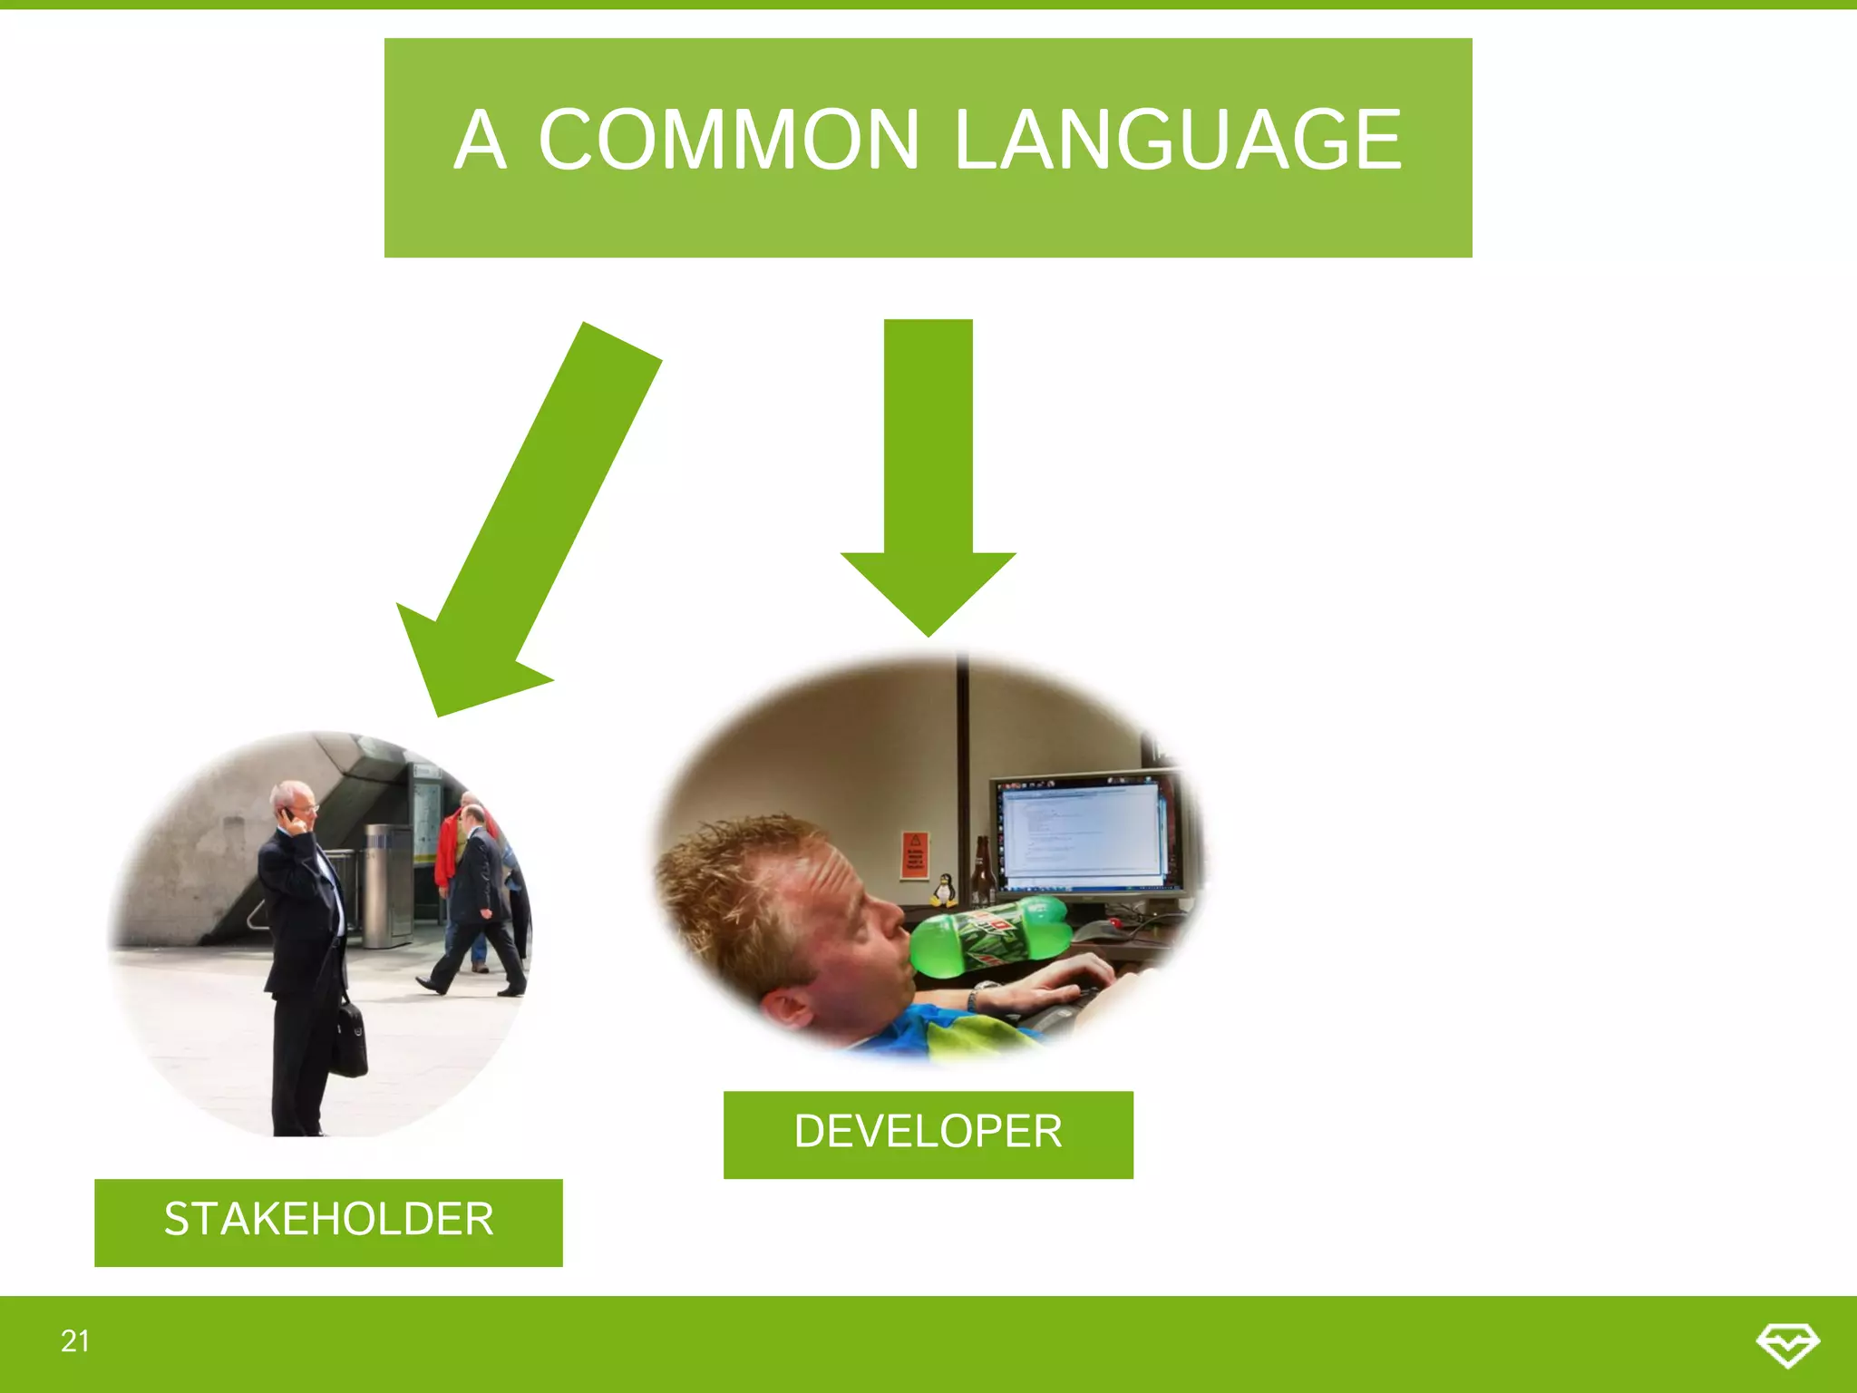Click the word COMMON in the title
tap(729, 140)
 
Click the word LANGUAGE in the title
tap(1178, 140)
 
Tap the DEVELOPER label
tap(928, 1133)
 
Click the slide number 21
tap(75, 1340)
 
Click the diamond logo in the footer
tap(1787, 1343)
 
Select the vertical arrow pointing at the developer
tap(928, 472)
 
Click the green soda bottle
tap(988, 938)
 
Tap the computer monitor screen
tap(1083, 831)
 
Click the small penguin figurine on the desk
tap(944, 890)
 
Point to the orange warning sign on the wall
tap(914, 853)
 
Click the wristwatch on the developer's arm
tap(976, 998)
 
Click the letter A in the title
tap(479, 140)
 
